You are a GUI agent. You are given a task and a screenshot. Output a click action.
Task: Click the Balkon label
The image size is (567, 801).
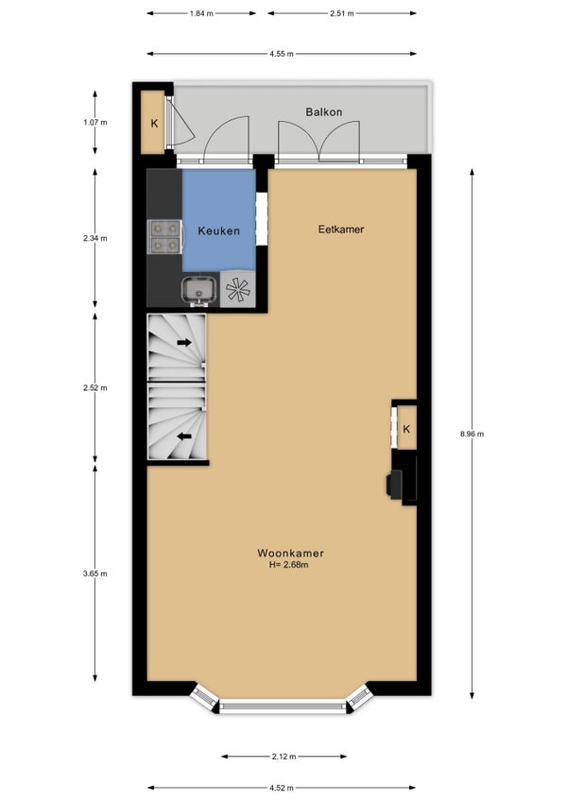click(x=323, y=111)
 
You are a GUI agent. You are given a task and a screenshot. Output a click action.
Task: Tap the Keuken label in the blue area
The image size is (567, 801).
click(x=219, y=230)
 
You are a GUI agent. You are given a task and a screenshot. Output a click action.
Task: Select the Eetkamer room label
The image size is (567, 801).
click(x=341, y=230)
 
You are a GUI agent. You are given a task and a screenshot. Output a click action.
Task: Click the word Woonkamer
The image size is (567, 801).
click(x=290, y=553)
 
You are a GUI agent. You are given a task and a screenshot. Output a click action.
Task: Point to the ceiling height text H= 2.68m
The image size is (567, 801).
click(x=289, y=565)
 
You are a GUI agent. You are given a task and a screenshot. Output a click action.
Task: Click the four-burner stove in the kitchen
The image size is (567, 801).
click(x=165, y=237)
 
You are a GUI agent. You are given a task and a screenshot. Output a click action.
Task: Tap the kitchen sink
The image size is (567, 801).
click(x=199, y=290)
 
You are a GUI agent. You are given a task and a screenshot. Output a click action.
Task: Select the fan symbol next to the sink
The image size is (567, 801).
click(x=238, y=289)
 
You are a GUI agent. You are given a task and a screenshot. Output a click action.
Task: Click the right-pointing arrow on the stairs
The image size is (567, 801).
click(x=184, y=342)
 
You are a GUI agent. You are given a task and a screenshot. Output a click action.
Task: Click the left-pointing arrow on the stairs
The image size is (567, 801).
click(x=184, y=436)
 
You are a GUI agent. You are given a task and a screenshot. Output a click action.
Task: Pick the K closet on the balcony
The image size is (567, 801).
click(x=153, y=123)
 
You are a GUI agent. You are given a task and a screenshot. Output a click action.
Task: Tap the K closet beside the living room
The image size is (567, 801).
click(x=406, y=428)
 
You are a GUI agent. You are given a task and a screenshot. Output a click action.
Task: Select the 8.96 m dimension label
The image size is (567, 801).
click(x=472, y=434)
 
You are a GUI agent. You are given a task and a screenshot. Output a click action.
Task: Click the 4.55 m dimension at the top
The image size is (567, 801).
click(x=282, y=54)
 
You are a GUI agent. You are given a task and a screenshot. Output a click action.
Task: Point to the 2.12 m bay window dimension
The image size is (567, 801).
click(x=283, y=757)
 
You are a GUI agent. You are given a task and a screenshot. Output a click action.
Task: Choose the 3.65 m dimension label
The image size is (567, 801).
click(x=95, y=573)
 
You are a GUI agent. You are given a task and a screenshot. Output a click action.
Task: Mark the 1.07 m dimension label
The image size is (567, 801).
click(x=95, y=123)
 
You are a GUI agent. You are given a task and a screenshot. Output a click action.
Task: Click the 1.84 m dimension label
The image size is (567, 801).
click(x=201, y=14)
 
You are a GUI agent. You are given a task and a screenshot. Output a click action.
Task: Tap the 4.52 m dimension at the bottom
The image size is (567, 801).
click(x=282, y=788)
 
